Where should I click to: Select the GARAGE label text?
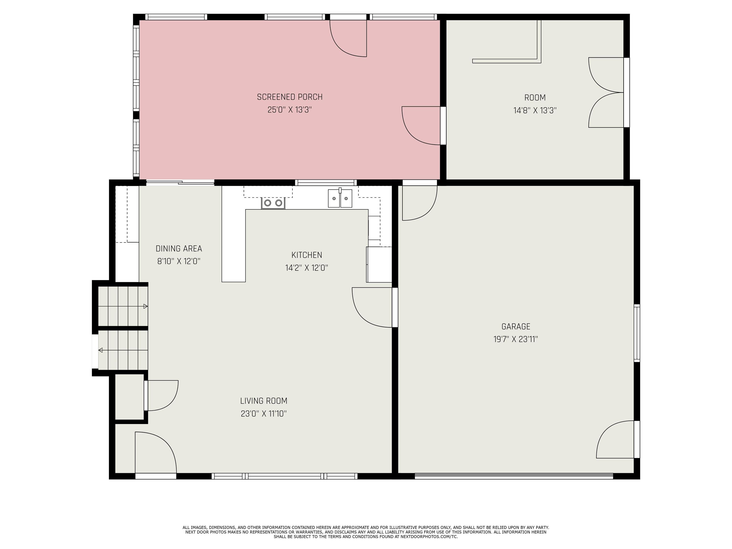(516, 327)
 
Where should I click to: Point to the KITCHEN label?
(306, 255)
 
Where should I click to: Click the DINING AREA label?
(179, 249)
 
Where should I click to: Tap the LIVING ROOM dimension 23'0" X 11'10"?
(263, 414)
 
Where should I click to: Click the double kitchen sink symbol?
(340, 198)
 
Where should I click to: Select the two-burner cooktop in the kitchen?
(273, 203)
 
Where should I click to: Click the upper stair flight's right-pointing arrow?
(145, 306)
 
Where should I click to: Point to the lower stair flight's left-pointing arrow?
(101, 350)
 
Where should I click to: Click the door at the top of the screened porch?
(348, 38)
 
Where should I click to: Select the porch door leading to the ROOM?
(422, 126)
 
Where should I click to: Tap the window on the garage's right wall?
(637, 333)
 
